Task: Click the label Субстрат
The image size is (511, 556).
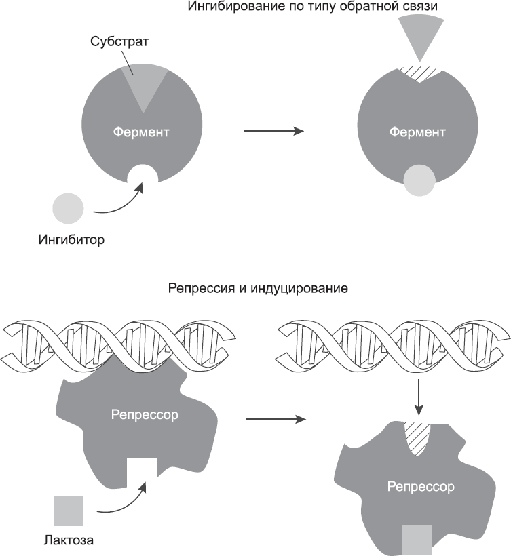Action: pyautogui.click(x=119, y=41)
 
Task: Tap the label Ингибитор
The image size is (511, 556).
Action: pyautogui.click(x=73, y=239)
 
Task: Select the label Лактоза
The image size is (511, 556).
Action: pyautogui.click(x=68, y=540)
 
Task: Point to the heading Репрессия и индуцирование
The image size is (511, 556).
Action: pyautogui.click(x=257, y=289)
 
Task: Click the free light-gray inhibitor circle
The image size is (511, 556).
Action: pyautogui.click(x=69, y=207)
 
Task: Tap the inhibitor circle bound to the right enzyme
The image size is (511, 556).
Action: pyautogui.click(x=419, y=181)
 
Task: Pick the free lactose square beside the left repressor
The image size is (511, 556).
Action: pyautogui.click(x=69, y=511)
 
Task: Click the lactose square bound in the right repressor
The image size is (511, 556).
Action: pyautogui.click(x=417, y=539)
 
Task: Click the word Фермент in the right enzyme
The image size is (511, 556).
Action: pyautogui.click(x=417, y=132)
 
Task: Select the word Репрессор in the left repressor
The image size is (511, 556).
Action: pyautogui.click(x=145, y=414)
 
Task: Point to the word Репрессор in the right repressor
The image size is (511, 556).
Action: pyautogui.click(x=421, y=486)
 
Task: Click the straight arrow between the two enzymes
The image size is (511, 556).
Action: pyautogui.click(x=273, y=132)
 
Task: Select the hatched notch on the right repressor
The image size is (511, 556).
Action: pyautogui.click(x=419, y=435)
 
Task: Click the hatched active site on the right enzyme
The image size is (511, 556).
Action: pyautogui.click(x=421, y=72)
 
